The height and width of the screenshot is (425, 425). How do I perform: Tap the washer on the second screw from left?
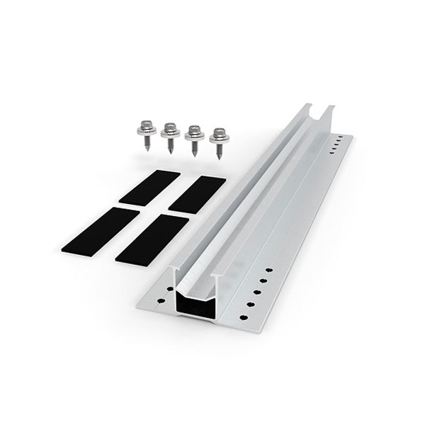170,133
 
